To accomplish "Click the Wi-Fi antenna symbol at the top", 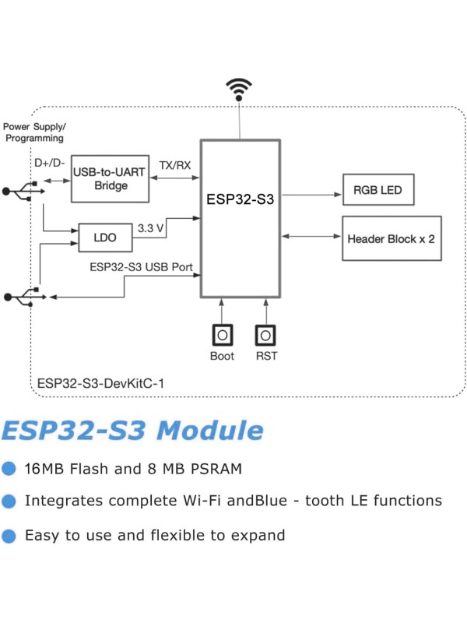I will tap(239, 89).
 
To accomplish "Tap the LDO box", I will tap(105, 238).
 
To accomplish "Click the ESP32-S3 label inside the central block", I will tap(240, 199).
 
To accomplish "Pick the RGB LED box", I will tap(378, 189).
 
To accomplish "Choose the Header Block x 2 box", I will tap(392, 238).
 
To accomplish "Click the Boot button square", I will tap(222, 335).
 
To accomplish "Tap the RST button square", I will tap(265, 335).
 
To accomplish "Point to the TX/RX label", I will tap(174, 165).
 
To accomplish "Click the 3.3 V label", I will tap(150, 229).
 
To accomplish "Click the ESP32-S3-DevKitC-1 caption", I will tap(101, 383).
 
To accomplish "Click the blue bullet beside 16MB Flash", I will tap(9, 469).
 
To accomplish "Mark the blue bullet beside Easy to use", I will tap(9, 536).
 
